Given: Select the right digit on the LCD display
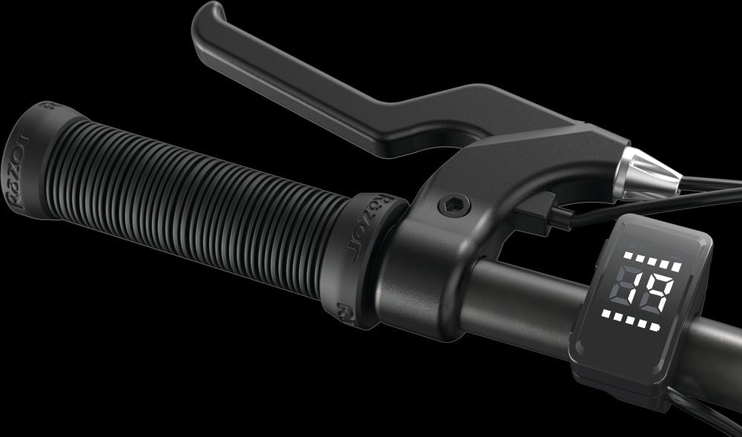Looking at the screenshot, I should [x=657, y=291].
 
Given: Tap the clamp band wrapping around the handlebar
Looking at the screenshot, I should [x=423, y=282].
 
